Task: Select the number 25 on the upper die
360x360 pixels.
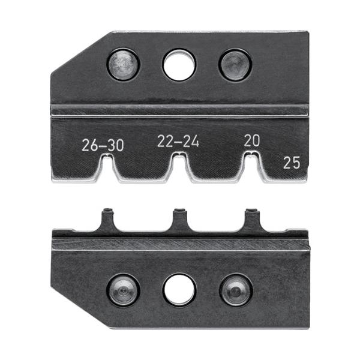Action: [292, 162]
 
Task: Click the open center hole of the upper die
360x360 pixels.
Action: [179, 64]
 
